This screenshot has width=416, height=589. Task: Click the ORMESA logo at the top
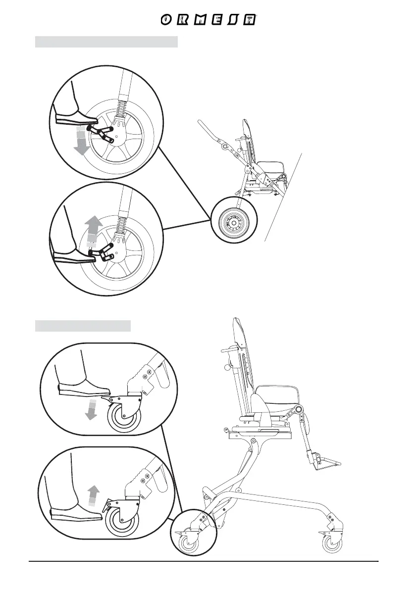click(208, 20)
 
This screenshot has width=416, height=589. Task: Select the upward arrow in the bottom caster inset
click(93, 495)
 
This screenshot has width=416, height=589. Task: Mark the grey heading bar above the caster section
click(83, 326)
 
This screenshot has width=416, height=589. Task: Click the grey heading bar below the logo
click(106, 42)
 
